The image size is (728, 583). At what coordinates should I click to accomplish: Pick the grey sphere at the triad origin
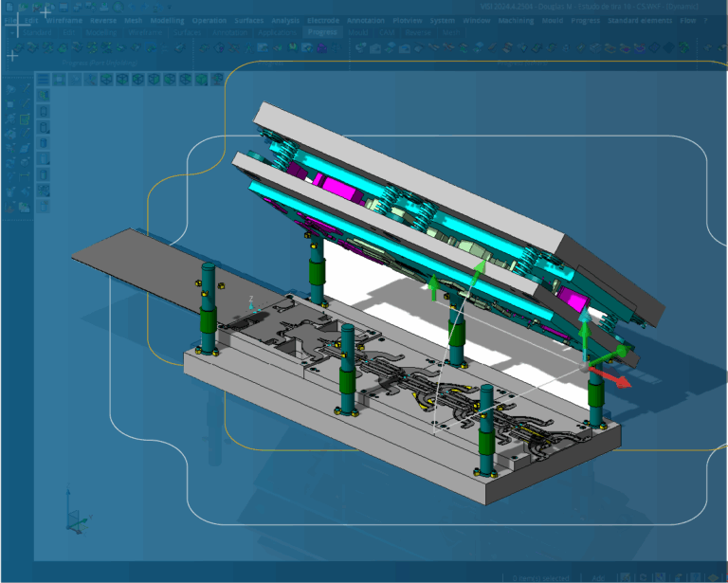coord(585,365)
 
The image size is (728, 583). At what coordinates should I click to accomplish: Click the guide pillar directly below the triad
coord(595,398)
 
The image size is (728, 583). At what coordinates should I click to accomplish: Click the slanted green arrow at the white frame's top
coord(479,270)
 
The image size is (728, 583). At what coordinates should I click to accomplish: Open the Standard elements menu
coord(641,20)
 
